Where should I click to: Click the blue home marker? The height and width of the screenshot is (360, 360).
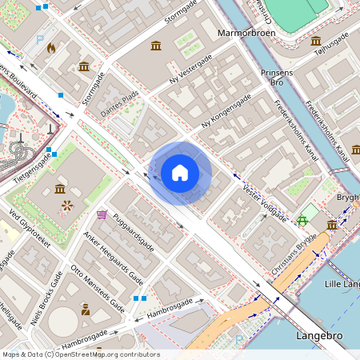point(180,173)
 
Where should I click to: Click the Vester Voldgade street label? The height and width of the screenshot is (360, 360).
point(263,191)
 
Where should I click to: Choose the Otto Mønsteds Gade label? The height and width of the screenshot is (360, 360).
point(98,288)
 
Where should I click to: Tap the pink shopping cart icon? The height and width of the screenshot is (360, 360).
point(102,214)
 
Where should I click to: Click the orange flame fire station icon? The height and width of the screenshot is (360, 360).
point(52,48)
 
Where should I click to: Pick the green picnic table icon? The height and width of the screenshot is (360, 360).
point(302,220)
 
